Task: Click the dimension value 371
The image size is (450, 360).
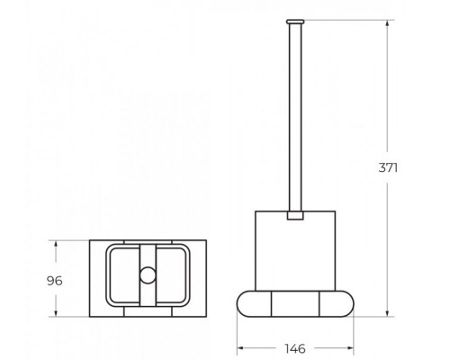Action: tap(388, 167)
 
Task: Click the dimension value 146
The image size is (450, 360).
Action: tap(295, 348)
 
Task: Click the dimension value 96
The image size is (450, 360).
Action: tap(55, 281)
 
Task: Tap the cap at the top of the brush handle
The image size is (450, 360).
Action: tap(295, 22)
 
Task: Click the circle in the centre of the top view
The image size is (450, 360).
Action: tap(148, 275)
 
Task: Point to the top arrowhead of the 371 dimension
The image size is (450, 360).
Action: tap(387, 24)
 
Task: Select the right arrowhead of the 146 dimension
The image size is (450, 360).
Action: tap(348, 348)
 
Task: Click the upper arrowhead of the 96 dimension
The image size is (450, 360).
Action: tap(56, 245)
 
